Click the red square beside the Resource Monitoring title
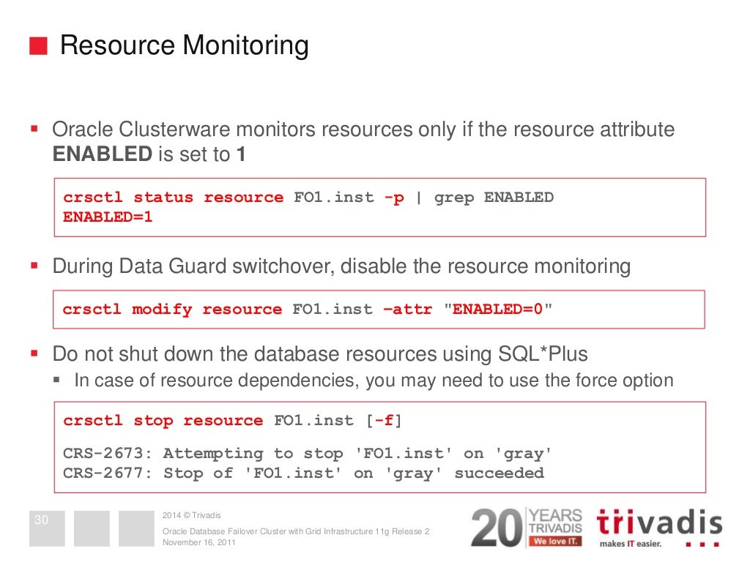click(38, 46)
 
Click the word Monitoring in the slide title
click(245, 46)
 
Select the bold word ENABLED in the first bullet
click(102, 154)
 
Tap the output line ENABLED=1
click(108, 217)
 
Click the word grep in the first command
click(454, 198)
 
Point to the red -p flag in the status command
click(394, 198)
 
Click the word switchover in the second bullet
click(281, 266)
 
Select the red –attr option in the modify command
click(408, 310)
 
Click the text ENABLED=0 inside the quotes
click(498, 310)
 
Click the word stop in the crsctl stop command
click(153, 421)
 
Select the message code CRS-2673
click(107, 454)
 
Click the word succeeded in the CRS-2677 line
click(499, 473)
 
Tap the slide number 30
click(42, 521)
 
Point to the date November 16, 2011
click(198, 543)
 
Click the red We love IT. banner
click(555, 542)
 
